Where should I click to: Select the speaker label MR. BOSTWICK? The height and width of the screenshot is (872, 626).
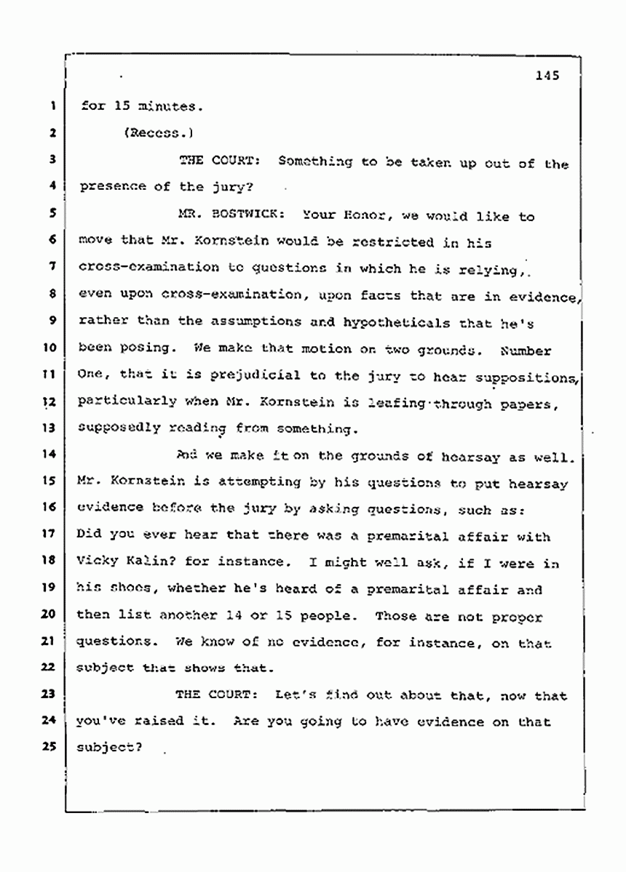[215, 216]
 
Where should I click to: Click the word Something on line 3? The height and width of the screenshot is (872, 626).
[314, 162]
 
